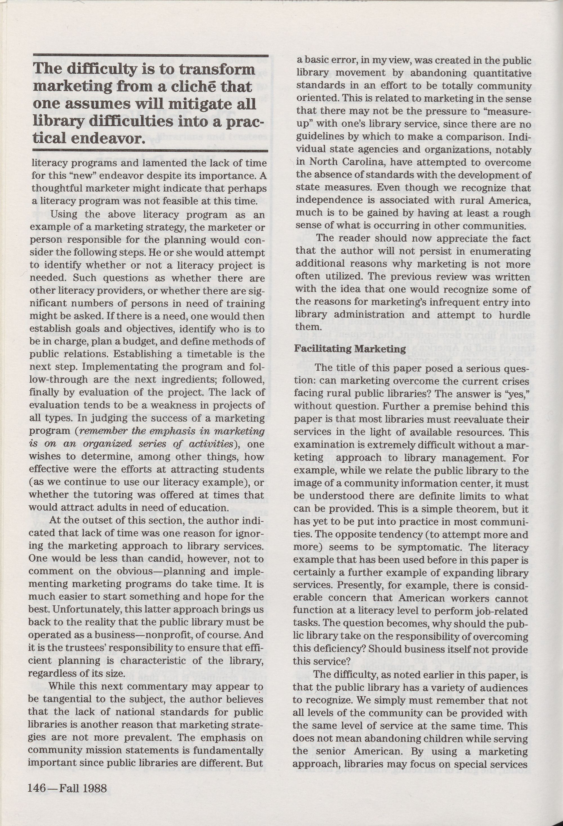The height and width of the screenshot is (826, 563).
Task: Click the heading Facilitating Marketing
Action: (x=350, y=349)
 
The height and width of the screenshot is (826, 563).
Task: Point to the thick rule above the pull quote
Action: (x=150, y=55)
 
